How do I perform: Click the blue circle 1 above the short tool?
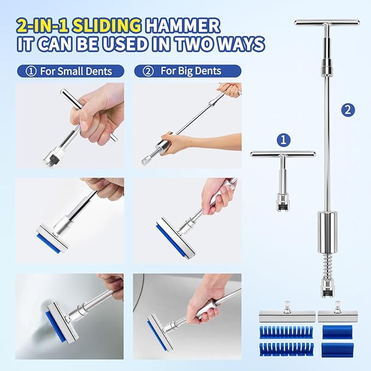(x=282, y=140)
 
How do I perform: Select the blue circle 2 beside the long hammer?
(x=348, y=109)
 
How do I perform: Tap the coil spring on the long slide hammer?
(x=327, y=257)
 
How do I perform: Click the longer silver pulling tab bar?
(x=285, y=316)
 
